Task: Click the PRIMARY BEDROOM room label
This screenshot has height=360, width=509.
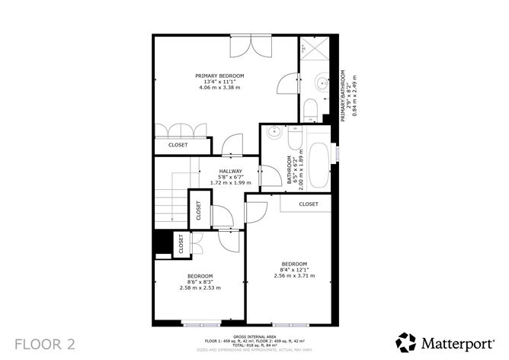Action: [x=219, y=76]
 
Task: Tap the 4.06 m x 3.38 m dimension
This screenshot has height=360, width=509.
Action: [x=219, y=87]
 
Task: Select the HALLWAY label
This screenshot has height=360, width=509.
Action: [x=231, y=171]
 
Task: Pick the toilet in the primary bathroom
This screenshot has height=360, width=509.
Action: [x=310, y=109]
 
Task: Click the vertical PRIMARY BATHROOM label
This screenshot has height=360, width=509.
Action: [x=344, y=95]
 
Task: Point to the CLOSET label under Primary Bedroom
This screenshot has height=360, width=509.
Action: [x=178, y=144]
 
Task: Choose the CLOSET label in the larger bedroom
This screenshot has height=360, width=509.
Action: [x=308, y=204]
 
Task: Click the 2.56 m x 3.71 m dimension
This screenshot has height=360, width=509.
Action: [x=293, y=275]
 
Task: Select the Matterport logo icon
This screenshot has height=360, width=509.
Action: [x=407, y=342]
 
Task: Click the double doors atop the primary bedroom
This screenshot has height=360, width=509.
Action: [x=251, y=46]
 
